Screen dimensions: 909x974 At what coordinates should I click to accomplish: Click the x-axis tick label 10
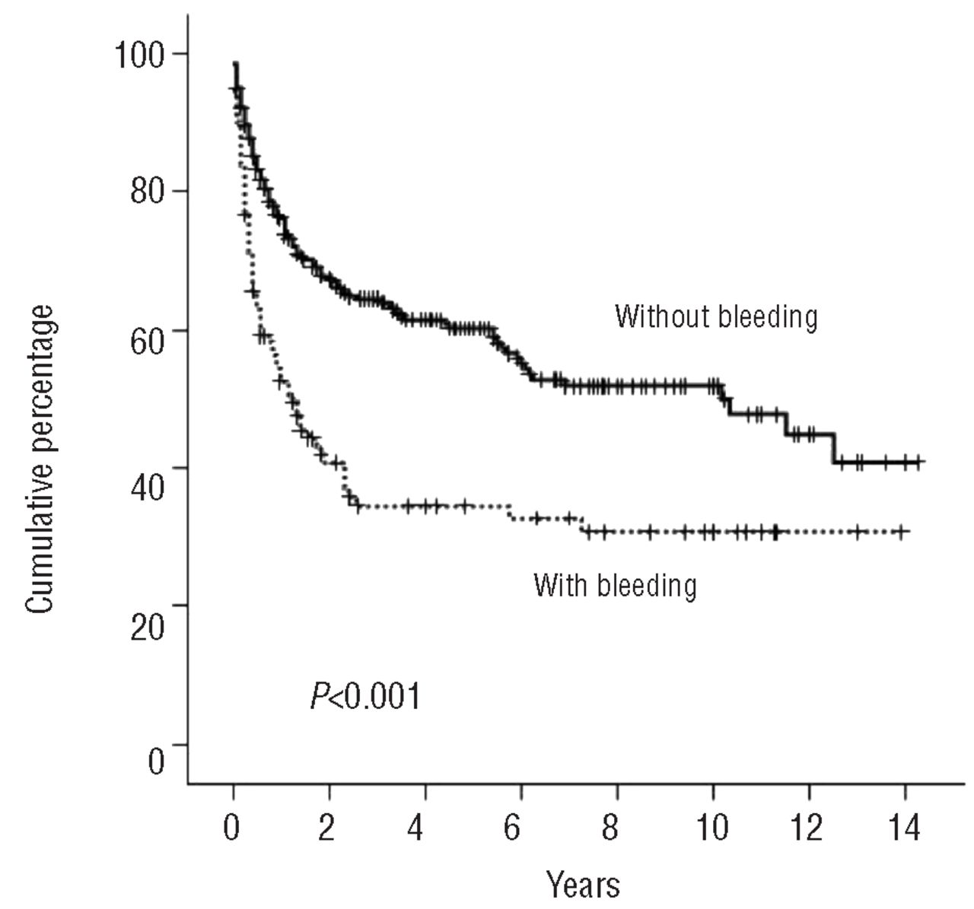click(x=713, y=826)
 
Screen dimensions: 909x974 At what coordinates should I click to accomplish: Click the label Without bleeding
click(x=716, y=316)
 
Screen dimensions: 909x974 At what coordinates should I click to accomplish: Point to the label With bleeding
click(x=615, y=585)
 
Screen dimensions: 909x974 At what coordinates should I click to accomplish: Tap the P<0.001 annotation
click(x=364, y=696)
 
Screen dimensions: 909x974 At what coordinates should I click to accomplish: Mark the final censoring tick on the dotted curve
click(x=901, y=531)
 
